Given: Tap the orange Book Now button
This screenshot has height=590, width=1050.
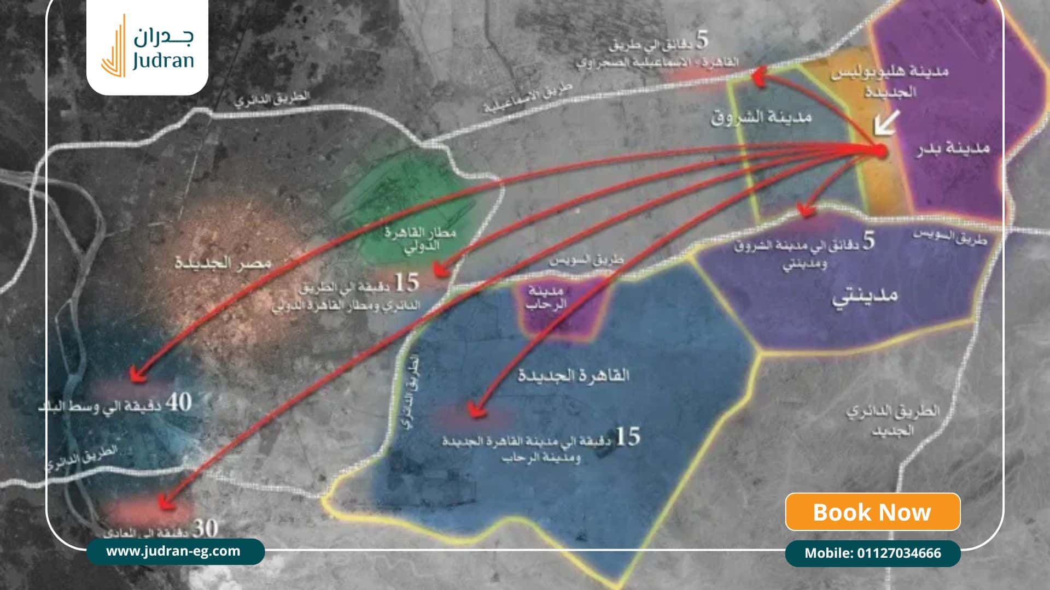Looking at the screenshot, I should [x=872, y=512].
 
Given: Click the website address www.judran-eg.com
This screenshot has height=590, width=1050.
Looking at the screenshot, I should [x=173, y=551].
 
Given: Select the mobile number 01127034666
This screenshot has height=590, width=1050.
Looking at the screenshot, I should [x=872, y=553].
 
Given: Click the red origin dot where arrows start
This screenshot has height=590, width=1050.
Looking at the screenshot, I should [x=879, y=151].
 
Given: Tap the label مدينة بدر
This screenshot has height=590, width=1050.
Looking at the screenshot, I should [x=954, y=149].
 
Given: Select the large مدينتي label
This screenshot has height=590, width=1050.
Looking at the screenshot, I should [x=865, y=297].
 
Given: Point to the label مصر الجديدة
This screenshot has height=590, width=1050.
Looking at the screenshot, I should [x=223, y=263].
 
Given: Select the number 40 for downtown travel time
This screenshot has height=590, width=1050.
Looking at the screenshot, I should [x=179, y=403].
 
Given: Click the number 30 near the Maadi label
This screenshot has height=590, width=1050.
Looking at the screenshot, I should [x=206, y=528].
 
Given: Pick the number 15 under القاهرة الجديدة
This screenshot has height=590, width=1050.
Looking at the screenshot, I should [x=627, y=437].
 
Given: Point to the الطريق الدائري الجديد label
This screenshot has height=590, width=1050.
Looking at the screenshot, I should [x=892, y=420].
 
